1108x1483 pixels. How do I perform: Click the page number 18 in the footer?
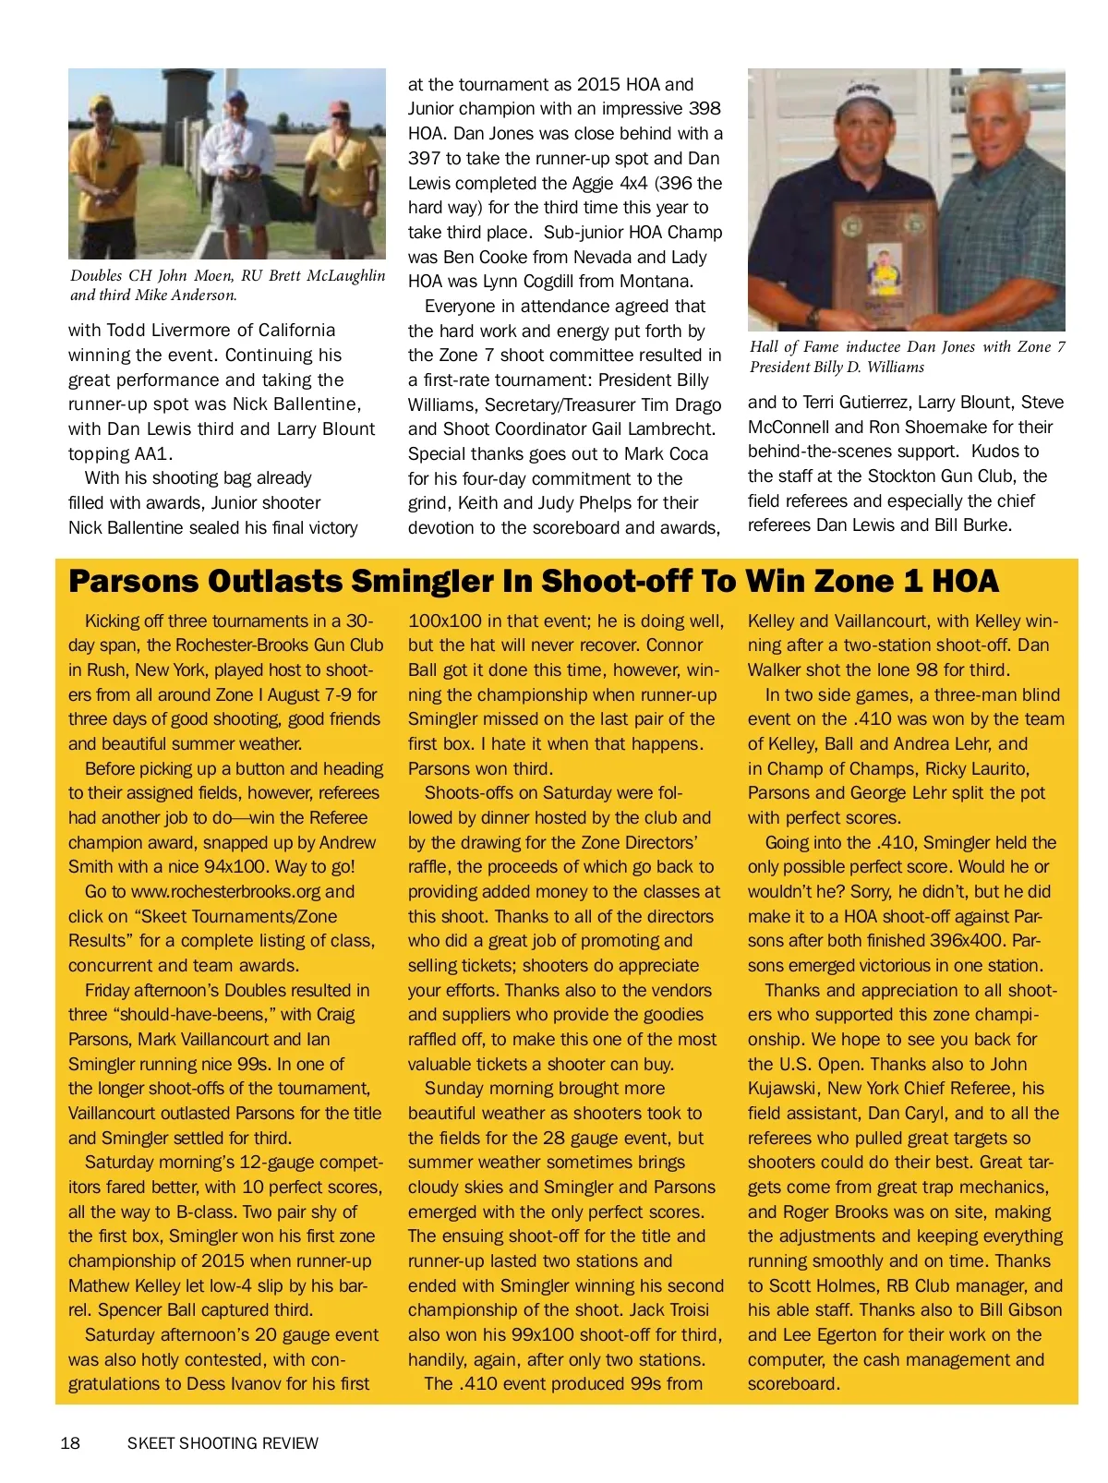click(70, 1443)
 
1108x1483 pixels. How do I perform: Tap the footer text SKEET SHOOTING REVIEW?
click(223, 1443)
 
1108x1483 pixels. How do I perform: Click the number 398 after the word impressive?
click(705, 109)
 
